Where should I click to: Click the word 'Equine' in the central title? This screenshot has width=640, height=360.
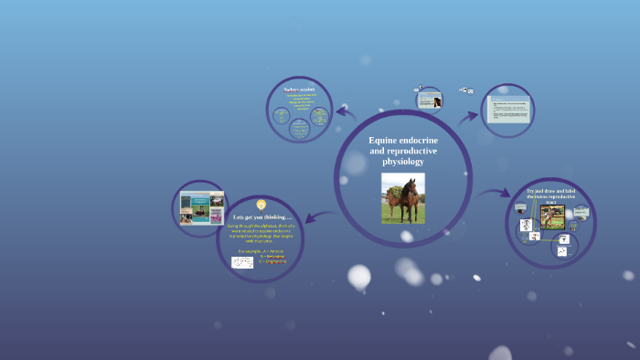click(384, 140)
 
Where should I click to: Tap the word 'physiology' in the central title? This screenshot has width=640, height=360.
click(403, 161)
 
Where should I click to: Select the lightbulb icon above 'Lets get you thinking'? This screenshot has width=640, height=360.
click(261, 205)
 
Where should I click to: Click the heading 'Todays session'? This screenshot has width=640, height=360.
click(299, 89)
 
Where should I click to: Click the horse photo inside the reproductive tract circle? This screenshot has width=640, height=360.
click(552, 217)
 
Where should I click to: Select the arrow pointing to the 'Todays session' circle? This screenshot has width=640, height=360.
click(345, 112)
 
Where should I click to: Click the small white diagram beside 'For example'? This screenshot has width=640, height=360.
click(242, 261)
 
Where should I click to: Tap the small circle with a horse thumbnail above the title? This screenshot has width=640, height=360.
click(430, 99)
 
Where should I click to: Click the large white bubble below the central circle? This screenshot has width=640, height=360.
click(359, 276)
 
